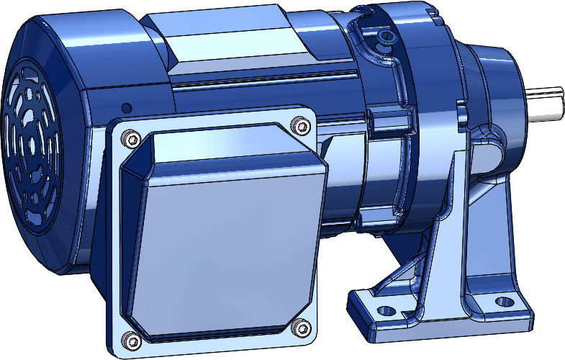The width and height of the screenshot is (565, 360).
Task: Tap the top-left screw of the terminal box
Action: [130, 138]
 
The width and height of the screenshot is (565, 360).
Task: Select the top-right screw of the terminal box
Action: [299, 127]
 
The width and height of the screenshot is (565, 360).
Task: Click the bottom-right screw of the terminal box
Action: [300, 328]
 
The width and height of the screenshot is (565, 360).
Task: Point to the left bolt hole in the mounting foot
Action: [387, 310]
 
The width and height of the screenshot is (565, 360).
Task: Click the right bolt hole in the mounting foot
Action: [506, 302]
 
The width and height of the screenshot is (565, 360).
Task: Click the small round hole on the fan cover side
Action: [127, 107]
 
